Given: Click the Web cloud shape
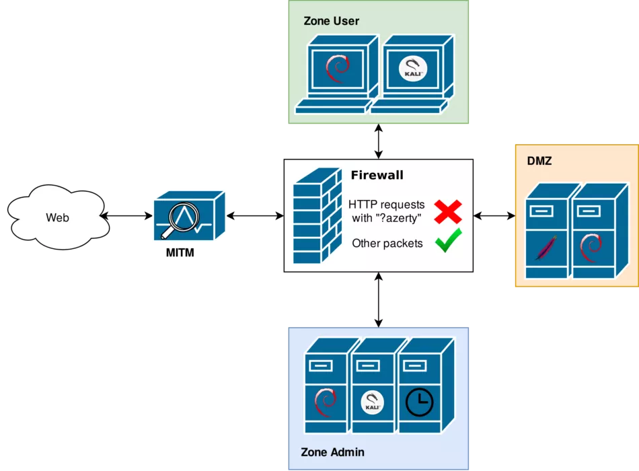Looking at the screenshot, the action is point(59,217).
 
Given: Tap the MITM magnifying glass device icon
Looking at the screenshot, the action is point(190,215).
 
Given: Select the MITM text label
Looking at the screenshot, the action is point(180,253).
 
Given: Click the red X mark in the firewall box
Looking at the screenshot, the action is point(448,212).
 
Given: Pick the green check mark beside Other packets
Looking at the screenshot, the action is point(448,241).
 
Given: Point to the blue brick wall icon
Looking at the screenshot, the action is point(317,215).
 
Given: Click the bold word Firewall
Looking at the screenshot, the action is point(377,175).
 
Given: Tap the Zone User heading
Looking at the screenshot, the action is point(332,21).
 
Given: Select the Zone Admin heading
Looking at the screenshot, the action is point(332,452).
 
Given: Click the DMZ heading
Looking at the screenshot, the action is point(539,161).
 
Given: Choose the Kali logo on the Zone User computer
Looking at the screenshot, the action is point(413,69).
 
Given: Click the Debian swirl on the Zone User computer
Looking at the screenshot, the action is point(338,69).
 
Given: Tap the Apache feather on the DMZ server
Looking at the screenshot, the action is point(546,247).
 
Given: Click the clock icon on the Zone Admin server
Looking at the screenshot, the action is point(419,402).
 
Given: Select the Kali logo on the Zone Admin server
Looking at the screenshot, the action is point(372,402).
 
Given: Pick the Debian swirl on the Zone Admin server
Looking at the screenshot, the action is point(325,402).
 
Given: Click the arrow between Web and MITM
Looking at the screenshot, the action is point(126,216).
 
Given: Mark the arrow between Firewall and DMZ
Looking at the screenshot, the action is point(494,216).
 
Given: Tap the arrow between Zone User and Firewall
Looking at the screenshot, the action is point(379,141).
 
